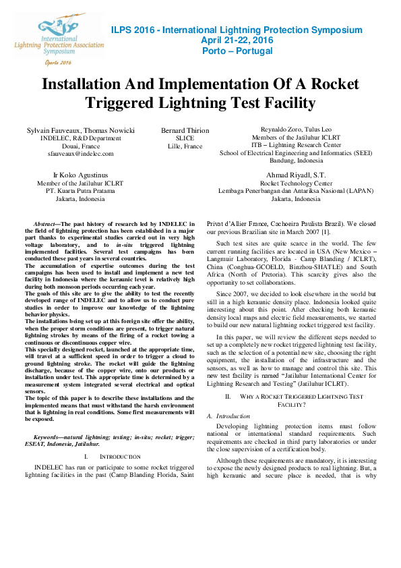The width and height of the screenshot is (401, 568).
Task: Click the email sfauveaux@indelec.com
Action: [80, 154]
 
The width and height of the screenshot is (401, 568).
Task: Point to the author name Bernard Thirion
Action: [185, 130]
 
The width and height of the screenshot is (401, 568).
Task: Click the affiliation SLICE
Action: [185, 138]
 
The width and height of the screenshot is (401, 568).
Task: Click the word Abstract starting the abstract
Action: [49, 223]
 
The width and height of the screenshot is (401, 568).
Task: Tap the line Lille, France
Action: [185, 146]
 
